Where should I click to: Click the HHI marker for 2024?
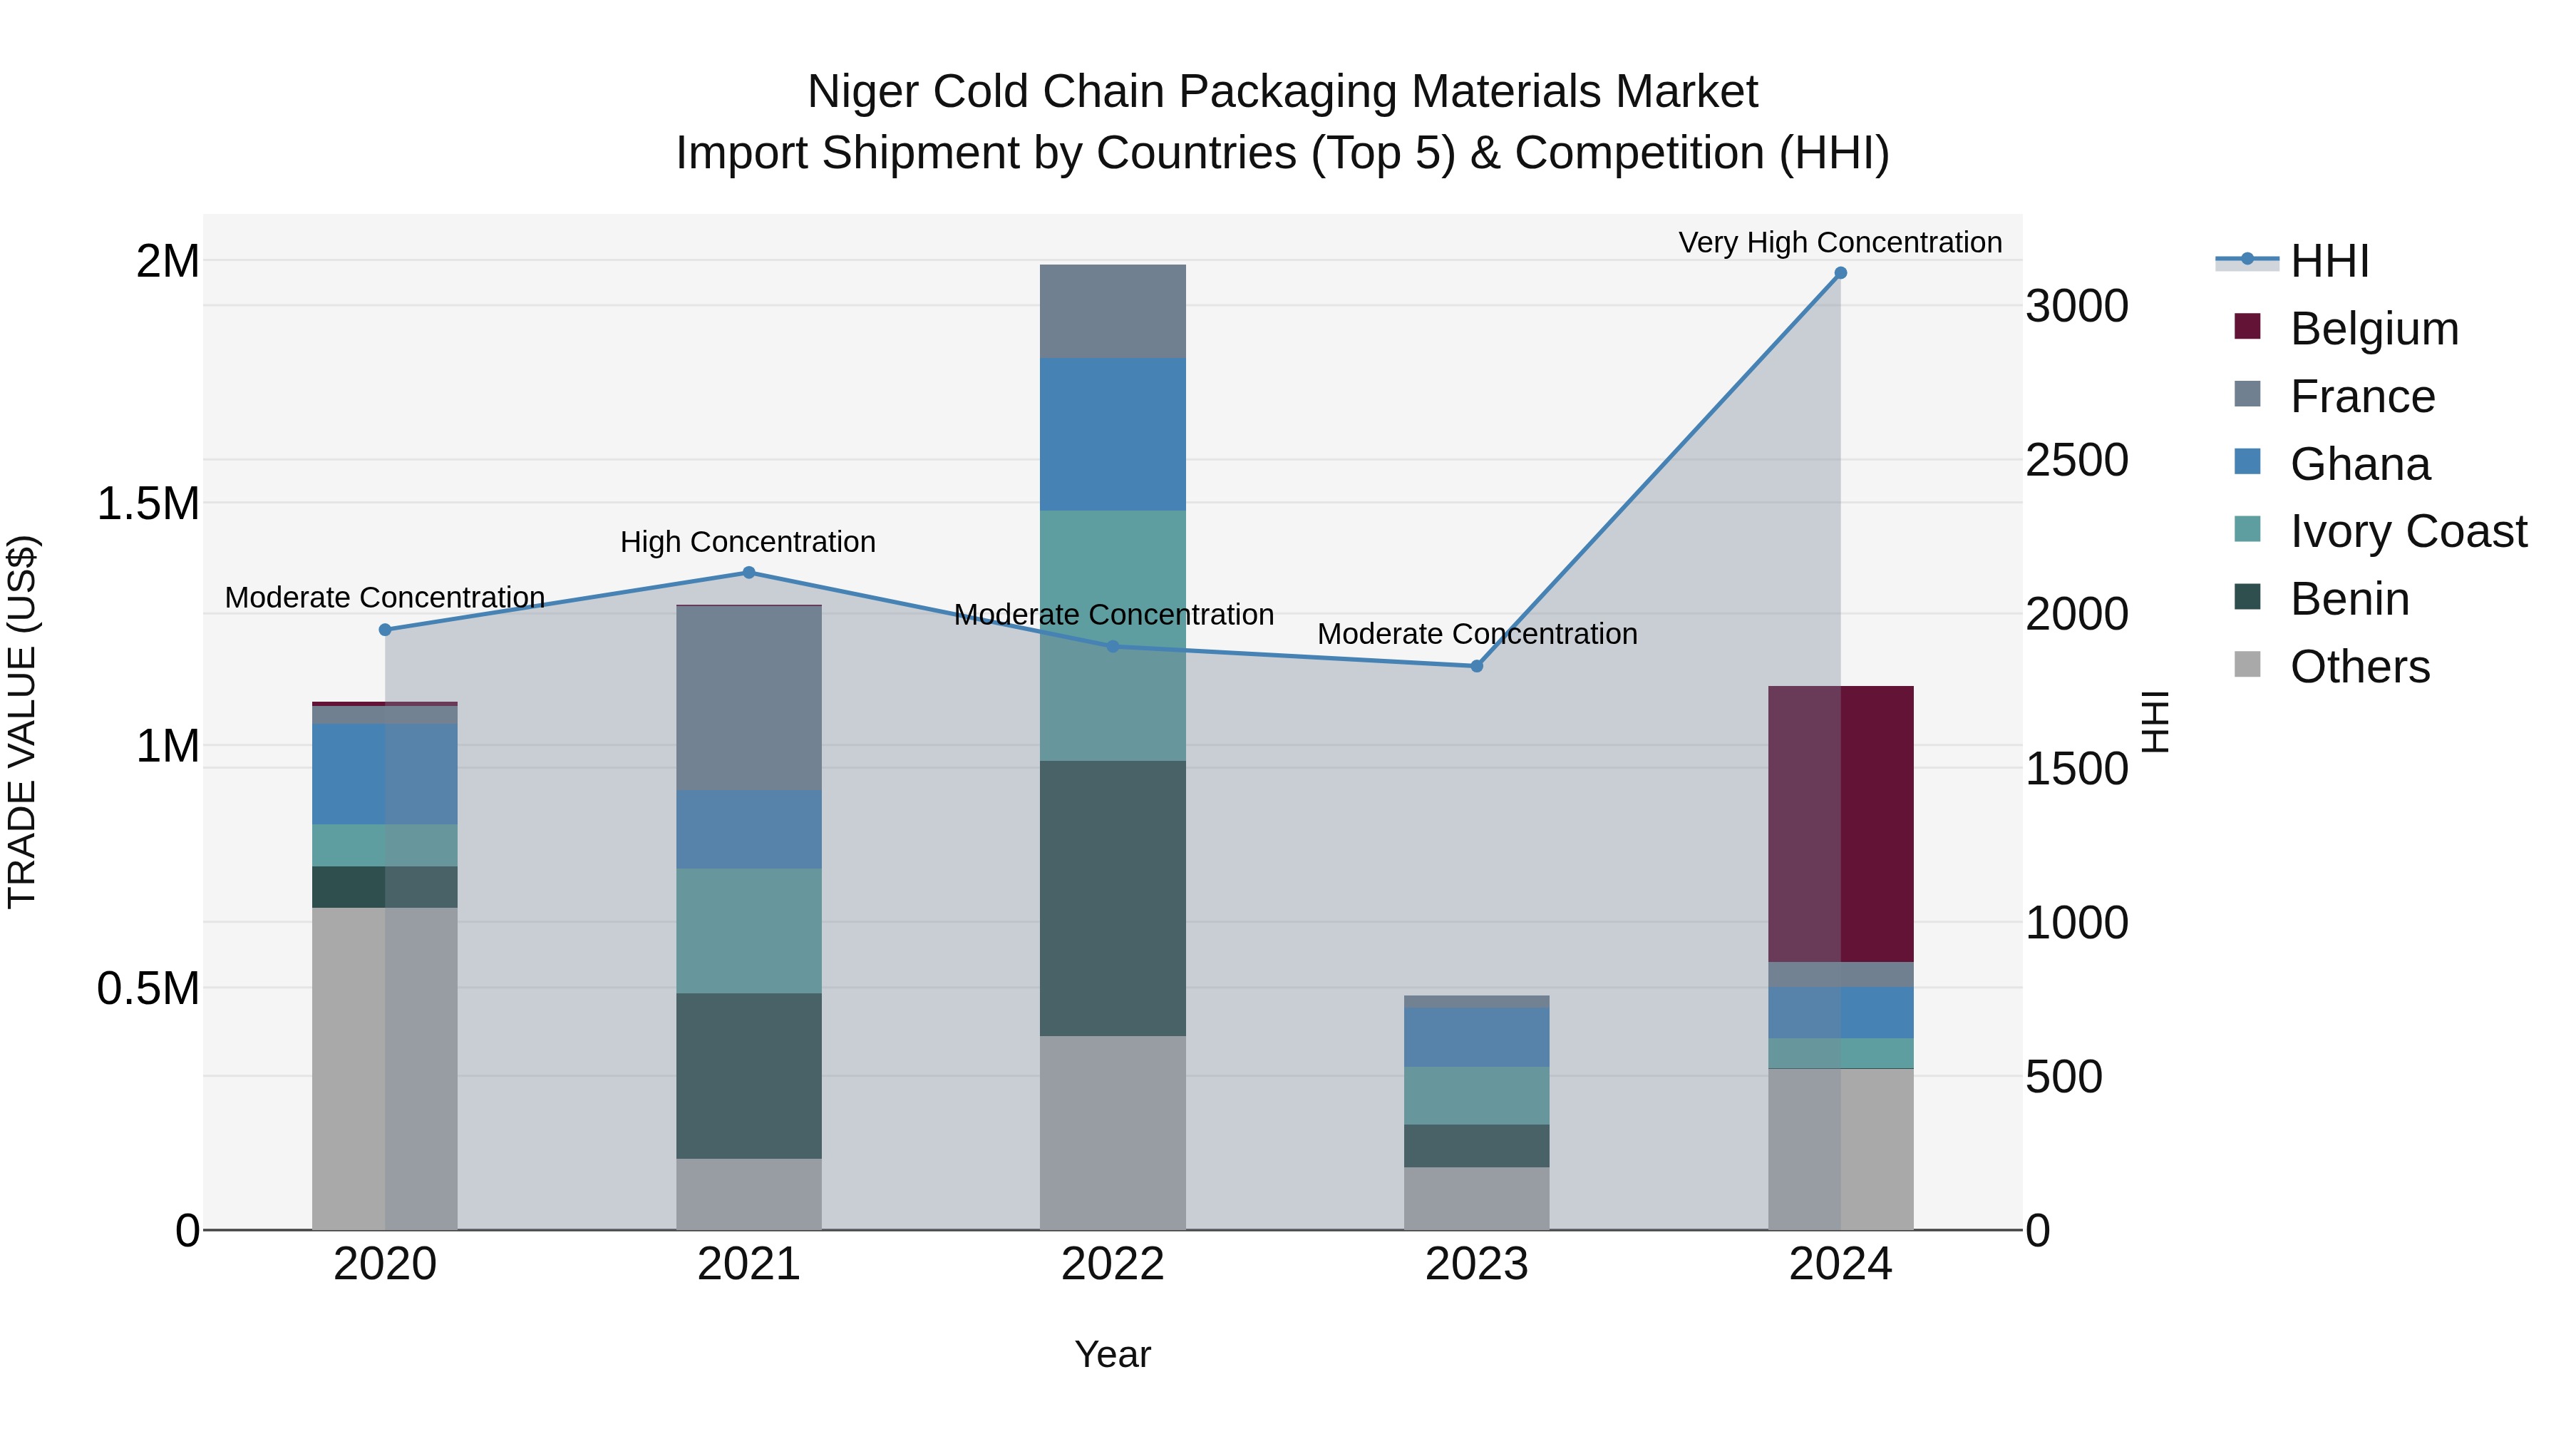pos(1840,273)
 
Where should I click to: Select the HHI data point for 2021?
pos(749,572)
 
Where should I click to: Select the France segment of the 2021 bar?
pos(749,697)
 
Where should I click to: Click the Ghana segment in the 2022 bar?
pos(1113,434)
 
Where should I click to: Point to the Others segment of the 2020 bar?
pos(384,1068)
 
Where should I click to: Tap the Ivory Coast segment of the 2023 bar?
pos(1476,1095)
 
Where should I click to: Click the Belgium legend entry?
pos(2374,329)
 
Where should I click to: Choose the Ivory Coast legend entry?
pos(2408,531)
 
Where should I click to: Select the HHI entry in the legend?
pos(2329,261)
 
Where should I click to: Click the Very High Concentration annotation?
pos(1840,242)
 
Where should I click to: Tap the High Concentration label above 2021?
pos(748,542)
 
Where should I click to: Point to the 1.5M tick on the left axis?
pos(148,504)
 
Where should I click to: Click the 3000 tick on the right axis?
pos(2077,306)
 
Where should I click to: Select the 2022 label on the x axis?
pos(1113,1264)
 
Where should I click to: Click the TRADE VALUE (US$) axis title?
pos(22,722)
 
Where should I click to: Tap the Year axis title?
pos(1113,1354)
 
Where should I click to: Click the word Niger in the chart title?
pos(862,92)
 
